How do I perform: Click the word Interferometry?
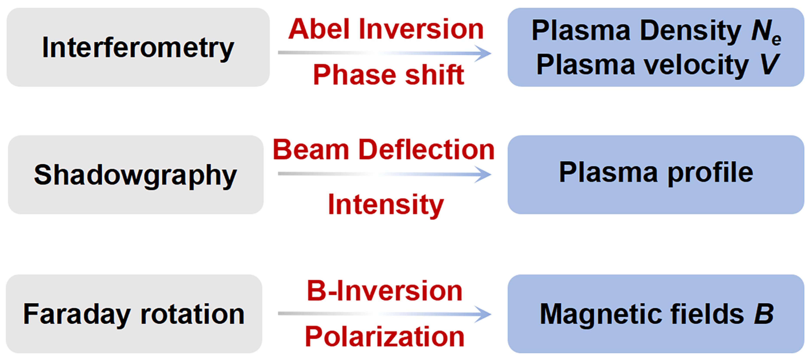138,48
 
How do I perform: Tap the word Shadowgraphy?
135,175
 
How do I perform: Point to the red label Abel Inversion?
386,29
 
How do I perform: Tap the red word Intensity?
386,205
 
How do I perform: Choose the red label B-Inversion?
384,291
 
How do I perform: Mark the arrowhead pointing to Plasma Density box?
483,53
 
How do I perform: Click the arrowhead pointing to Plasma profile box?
483,174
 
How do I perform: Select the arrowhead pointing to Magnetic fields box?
483,314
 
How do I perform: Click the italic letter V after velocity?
769,65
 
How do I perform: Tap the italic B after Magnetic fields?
764,314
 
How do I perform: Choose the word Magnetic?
600,314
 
